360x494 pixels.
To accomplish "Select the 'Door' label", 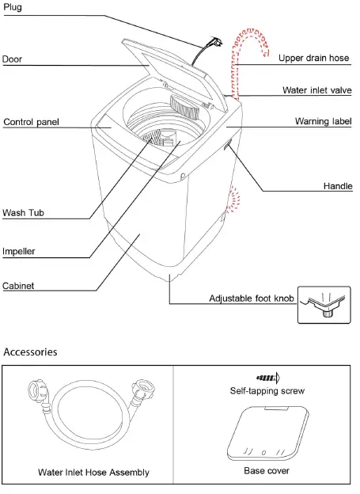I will [x=13, y=59].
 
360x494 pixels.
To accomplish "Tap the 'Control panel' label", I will [x=31, y=123].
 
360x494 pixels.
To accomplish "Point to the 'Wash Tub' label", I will [x=24, y=213].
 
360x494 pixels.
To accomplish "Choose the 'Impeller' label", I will [x=19, y=251].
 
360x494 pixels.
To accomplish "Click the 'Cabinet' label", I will [x=18, y=286].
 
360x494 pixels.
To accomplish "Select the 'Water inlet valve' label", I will [x=316, y=91].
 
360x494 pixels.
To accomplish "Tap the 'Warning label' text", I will [x=323, y=122].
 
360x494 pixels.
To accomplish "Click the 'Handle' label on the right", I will [x=337, y=187].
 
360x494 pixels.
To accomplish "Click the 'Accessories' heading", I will [x=30, y=351].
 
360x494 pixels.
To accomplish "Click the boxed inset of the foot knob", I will [x=323, y=305].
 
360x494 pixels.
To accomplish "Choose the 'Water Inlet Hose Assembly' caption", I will [x=93, y=473].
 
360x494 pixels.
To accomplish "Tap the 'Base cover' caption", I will [x=266, y=471].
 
